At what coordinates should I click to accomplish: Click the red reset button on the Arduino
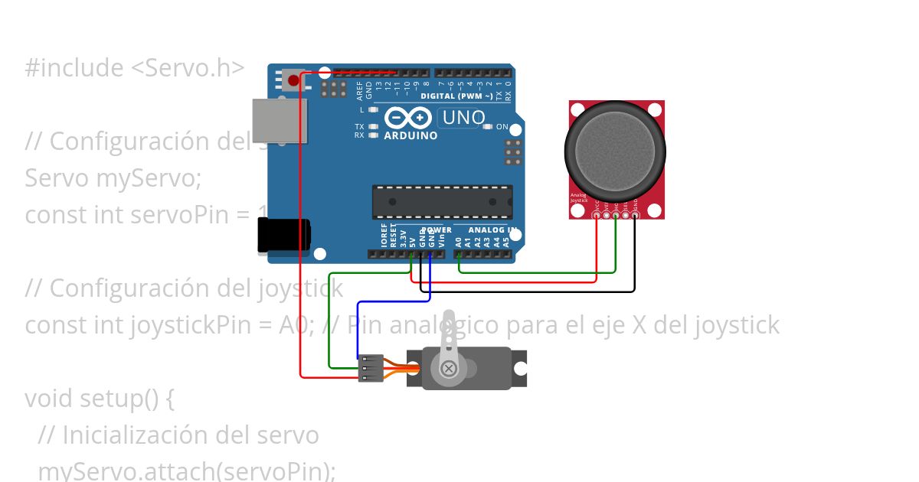293,80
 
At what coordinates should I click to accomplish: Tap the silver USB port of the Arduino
280,120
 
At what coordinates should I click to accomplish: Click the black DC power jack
283,234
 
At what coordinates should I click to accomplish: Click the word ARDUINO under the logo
410,135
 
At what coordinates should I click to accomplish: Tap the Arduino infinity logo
409,118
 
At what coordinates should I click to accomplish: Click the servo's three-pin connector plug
369,368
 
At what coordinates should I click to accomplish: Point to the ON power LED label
502,126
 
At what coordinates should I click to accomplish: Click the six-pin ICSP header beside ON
513,152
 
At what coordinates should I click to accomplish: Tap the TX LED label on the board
359,126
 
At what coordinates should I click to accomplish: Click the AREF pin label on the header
359,91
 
